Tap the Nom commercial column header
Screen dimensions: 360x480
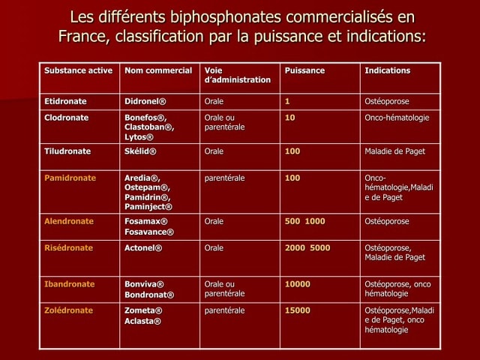pos(158,70)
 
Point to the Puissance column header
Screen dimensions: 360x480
pos(304,70)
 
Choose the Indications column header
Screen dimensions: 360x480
pos(387,70)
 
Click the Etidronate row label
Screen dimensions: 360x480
pos(65,101)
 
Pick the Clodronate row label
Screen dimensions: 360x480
pos(67,118)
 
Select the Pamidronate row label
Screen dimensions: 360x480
pos(70,178)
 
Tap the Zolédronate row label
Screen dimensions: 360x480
pos(69,310)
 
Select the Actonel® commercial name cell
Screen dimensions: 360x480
pos(143,247)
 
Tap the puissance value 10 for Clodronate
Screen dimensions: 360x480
pos(289,118)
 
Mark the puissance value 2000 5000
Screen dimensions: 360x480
pos(307,247)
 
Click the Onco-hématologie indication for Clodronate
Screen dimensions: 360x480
pos(397,118)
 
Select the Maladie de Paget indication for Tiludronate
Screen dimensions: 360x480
pos(394,151)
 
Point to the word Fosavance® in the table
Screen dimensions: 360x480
pos(149,232)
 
